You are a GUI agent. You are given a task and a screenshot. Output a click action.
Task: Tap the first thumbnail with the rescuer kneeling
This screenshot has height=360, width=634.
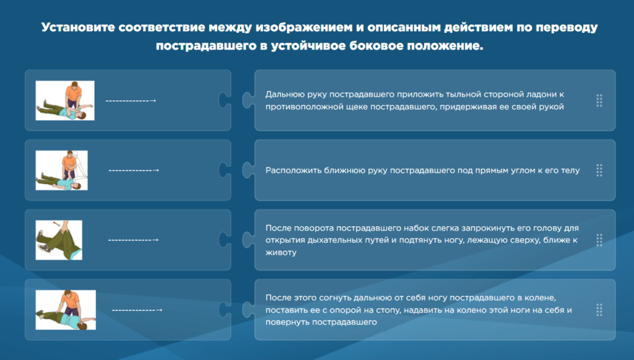tap(65, 100)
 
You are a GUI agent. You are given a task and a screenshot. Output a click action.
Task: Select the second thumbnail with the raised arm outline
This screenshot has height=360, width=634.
tap(61, 170)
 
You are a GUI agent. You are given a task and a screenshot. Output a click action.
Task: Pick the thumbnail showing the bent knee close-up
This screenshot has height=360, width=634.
tap(59, 240)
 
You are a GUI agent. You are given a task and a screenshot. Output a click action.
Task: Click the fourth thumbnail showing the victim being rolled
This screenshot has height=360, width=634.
tap(66, 310)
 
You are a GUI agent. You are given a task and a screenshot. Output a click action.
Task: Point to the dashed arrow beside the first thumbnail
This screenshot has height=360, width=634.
tap(131, 101)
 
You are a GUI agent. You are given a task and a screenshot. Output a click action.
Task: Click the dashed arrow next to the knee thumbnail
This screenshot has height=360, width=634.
tap(134, 240)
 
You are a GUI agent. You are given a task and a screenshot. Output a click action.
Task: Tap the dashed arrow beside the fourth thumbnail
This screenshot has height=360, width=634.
tap(137, 310)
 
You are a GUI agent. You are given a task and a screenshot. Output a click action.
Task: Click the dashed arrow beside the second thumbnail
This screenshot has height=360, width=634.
tap(134, 170)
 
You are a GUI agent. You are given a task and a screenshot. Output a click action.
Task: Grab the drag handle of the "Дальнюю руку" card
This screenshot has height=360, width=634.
tap(599, 100)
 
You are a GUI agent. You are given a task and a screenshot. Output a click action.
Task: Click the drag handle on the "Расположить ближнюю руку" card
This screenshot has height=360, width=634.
tap(599, 170)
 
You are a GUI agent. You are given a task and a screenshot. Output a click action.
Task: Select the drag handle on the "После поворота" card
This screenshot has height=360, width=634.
tap(599, 240)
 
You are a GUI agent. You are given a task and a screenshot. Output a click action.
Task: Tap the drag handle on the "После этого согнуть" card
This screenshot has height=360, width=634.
tap(599, 310)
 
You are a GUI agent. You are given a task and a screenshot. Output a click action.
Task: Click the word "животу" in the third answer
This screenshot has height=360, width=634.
tap(281, 253)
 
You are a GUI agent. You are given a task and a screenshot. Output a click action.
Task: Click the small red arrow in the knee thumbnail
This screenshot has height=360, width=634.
tap(56, 223)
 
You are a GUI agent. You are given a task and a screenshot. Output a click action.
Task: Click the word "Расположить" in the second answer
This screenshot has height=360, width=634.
tap(293, 170)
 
